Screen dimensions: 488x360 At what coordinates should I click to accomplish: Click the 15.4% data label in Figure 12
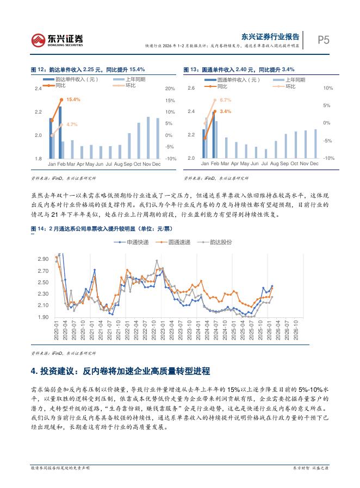[73, 100]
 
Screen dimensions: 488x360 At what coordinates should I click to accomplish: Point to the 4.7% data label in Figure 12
[72, 124]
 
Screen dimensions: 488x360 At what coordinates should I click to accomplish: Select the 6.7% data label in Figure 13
[226, 100]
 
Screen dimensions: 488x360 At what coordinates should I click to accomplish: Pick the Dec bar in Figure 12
[158, 138]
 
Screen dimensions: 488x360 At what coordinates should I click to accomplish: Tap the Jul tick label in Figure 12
[109, 164]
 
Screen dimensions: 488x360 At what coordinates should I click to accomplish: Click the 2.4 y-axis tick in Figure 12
[38, 89]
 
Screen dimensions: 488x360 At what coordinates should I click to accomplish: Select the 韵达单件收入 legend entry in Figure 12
[76, 80]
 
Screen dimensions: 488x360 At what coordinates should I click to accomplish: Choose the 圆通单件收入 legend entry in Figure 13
[238, 80]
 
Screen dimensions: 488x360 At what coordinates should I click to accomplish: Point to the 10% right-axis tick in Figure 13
[328, 88]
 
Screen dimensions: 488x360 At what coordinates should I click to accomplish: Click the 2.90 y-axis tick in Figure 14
[43, 259]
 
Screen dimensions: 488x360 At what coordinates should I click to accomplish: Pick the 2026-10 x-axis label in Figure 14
[296, 331]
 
